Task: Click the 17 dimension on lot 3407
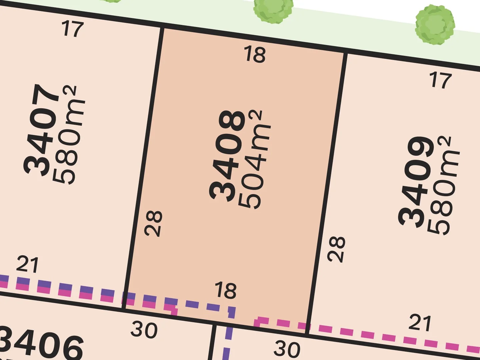(x=72, y=29)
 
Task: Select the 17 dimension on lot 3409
(x=441, y=80)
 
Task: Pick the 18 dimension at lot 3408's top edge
(x=255, y=54)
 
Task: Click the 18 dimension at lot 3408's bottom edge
(x=226, y=290)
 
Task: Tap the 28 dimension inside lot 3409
(x=336, y=249)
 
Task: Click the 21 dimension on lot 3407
(x=27, y=264)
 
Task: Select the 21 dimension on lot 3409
(x=420, y=323)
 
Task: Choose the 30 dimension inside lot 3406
(x=144, y=330)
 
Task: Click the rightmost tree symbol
(x=435, y=25)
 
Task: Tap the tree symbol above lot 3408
(x=273, y=9)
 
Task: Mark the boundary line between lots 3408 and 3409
(x=327, y=193)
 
